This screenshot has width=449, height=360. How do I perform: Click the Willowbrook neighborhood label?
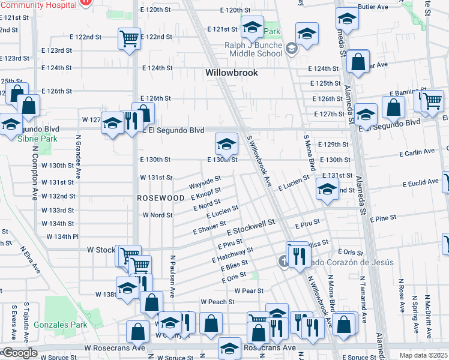click(231, 73)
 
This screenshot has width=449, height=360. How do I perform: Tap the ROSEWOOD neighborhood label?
click(160, 197)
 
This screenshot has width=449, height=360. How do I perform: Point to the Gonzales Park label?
click(65, 325)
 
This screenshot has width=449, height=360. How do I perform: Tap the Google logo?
click(19, 353)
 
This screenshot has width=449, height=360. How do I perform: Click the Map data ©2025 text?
click(423, 355)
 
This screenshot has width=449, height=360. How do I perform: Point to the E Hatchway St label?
click(233, 254)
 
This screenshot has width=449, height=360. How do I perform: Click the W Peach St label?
click(217, 301)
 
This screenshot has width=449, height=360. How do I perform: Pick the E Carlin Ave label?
click(417, 153)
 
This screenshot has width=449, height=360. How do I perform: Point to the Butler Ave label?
click(373, 7)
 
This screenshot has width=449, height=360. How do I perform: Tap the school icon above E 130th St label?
click(226, 144)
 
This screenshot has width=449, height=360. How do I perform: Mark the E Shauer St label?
click(208, 227)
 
